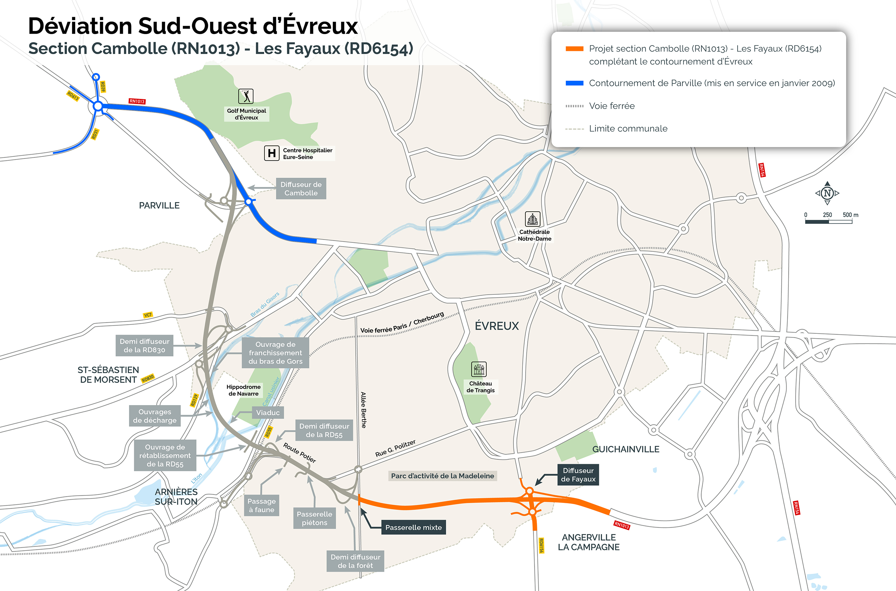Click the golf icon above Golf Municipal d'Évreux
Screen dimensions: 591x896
tap(246, 96)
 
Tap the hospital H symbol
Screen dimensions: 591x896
tap(272, 153)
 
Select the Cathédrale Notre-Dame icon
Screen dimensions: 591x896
tap(533, 219)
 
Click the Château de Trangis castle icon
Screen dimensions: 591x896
tap(478, 369)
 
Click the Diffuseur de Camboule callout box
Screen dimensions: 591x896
tap(301, 188)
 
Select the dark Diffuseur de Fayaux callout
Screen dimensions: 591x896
tap(578, 475)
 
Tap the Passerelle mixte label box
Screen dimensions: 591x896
tap(413, 527)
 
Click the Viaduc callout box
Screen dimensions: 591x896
tap(268, 412)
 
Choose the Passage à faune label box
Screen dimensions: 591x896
tap(261, 505)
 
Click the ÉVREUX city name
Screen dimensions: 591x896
tap(497, 326)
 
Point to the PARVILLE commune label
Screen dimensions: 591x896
tap(159, 206)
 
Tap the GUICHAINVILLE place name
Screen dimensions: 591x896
tap(625, 449)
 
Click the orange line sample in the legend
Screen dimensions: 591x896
tap(574, 49)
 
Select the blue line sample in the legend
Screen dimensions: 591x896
tap(574, 83)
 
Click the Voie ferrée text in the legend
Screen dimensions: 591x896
tap(612, 106)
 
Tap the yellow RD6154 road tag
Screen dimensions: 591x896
tap(541, 546)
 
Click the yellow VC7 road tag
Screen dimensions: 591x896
tap(148, 315)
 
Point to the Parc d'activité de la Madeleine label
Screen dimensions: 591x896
tap(442, 476)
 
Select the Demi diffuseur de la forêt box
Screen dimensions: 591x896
tap(355, 561)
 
